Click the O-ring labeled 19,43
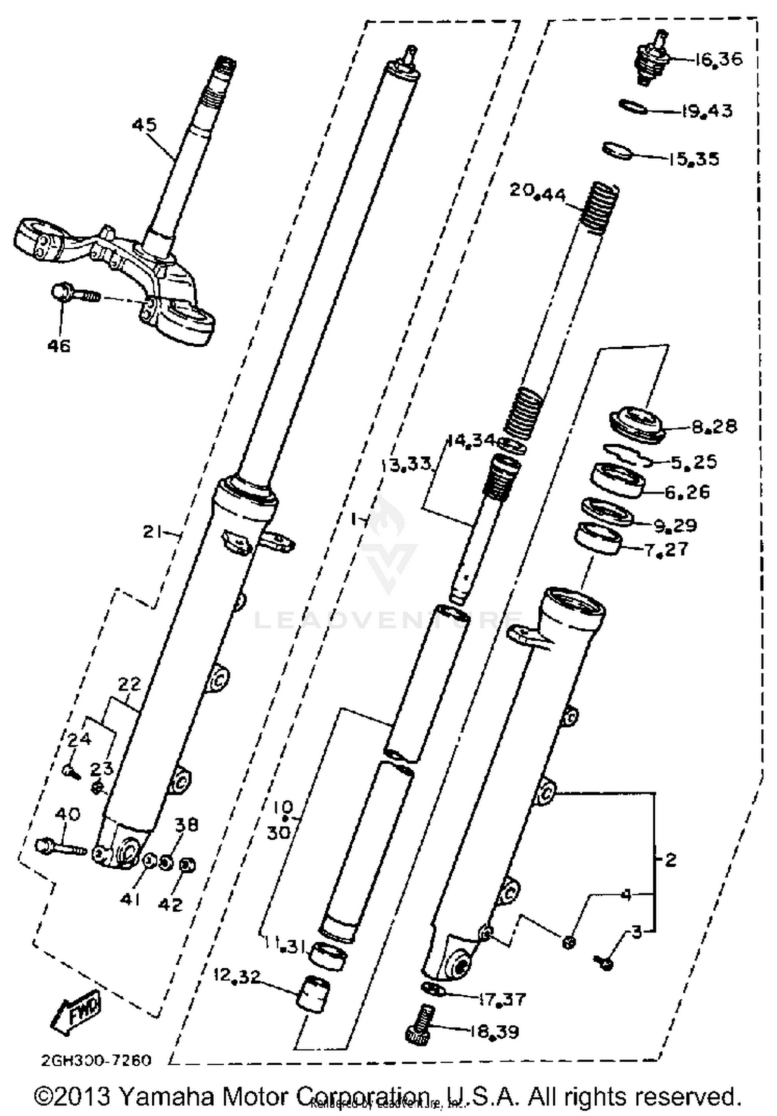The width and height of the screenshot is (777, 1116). pyautogui.click(x=633, y=108)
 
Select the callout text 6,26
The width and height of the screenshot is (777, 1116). pyautogui.click(x=687, y=491)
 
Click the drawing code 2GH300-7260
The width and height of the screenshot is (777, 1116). pyautogui.click(x=96, y=1061)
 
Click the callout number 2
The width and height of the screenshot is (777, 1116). pyautogui.click(x=670, y=860)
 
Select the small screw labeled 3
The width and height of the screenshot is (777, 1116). pyautogui.click(x=604, y=963)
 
